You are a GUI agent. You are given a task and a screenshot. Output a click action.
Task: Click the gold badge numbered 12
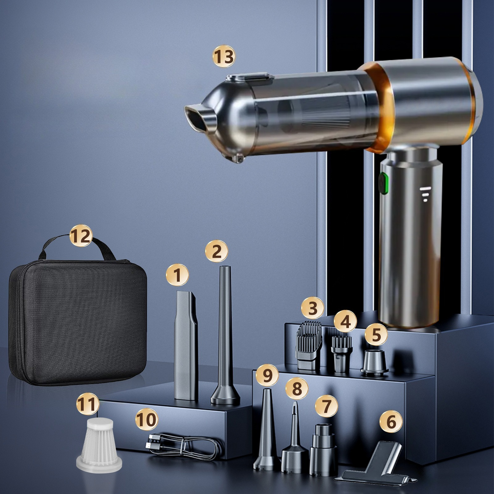[x=81, y=236]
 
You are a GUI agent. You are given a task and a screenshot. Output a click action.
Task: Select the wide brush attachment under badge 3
[x=310, y=345]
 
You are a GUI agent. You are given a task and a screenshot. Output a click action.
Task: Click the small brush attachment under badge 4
[x=341, y=354]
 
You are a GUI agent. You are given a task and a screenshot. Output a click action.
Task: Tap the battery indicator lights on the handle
[x=425, y=194]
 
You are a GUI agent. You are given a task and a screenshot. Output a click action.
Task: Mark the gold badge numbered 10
[x=146, y=420]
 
